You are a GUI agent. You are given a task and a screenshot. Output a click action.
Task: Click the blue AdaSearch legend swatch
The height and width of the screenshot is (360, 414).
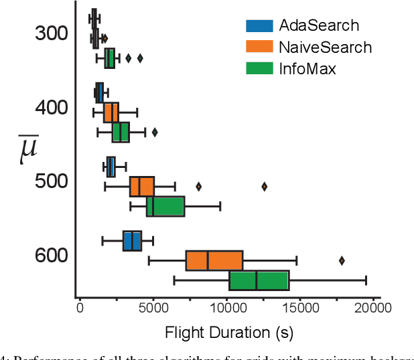259,26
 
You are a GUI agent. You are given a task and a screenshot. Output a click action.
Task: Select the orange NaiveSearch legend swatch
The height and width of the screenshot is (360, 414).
259,48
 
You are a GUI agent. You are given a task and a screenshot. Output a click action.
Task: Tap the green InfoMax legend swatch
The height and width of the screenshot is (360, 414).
259,68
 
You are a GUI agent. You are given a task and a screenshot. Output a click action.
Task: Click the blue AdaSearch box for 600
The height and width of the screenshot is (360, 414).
132,241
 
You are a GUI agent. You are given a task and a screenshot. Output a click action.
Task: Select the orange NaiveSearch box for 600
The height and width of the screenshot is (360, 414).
214,260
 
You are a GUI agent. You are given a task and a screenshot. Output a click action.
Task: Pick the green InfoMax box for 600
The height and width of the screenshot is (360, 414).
259,280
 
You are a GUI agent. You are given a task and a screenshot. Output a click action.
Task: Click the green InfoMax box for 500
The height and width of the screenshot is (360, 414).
165,207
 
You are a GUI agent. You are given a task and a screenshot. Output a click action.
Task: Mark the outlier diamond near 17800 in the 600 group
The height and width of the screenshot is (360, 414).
342,260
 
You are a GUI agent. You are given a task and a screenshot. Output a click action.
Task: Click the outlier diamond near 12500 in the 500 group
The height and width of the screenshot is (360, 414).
264,187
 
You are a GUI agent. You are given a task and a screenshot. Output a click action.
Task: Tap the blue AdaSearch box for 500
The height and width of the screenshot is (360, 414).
111,167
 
